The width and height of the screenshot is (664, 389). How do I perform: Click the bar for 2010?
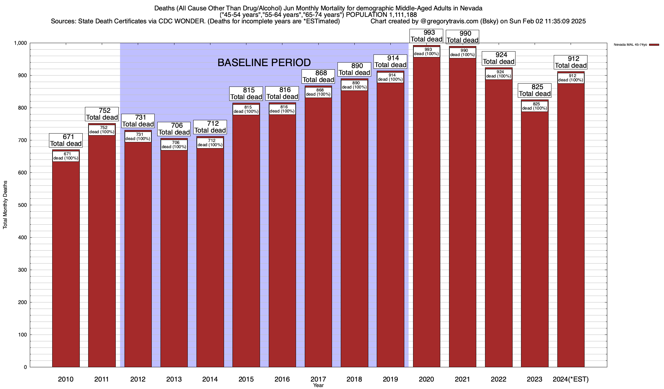pos(66,259)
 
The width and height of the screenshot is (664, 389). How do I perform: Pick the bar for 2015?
pos(246,237)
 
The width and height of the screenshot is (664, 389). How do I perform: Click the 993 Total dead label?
pos(426,36)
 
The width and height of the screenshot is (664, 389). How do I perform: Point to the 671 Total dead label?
pos(66,140)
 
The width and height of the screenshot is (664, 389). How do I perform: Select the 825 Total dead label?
pos(535,90)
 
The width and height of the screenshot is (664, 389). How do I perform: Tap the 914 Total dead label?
pos(390,62)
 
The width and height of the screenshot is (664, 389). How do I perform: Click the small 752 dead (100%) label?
pos(102,130)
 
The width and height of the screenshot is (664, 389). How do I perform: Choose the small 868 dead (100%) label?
pos(318,92)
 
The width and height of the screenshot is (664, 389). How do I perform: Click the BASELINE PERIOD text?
pos(264,63)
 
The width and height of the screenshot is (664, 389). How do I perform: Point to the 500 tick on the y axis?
pos(23,205)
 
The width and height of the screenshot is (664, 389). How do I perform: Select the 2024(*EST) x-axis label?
pos(571,379)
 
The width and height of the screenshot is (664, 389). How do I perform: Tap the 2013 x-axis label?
pos(174,379)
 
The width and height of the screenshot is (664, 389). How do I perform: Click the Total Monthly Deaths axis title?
pos(5,205)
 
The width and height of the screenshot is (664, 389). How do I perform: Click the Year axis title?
pos(318,385)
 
